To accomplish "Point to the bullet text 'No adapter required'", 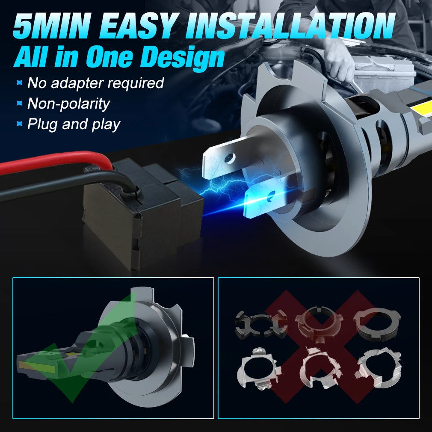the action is [96, 83].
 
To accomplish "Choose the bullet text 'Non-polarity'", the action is [68, 104].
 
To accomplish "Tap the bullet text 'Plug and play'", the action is [74, 124].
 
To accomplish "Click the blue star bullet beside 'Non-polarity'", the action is [19, 103].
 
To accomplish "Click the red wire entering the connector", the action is [55, 163].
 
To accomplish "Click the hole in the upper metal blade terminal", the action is [230, 158].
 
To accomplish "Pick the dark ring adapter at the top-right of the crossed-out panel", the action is [377, 324].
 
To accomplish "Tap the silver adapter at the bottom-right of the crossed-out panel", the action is [379, 367].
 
